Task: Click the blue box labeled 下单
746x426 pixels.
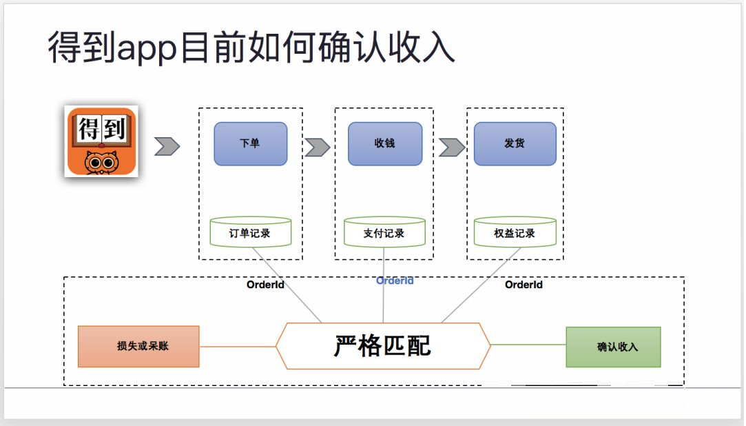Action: coord(251,144)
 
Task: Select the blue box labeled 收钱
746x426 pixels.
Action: coord(385,144)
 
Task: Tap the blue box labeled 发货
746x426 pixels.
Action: coord(515,144)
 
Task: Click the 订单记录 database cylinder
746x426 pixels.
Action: coord(250,232)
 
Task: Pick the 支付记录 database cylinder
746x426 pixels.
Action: coord(384,232)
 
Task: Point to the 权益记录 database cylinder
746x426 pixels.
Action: coord(515,232)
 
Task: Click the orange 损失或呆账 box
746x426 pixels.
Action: coord(138,347)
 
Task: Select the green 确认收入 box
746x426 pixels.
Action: coord(613,347)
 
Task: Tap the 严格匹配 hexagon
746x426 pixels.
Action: coord(383,346)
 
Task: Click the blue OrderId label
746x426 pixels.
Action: coord(395,281)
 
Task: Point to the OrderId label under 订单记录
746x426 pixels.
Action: coord(265,285)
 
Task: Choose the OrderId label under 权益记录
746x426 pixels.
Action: coord(524,285)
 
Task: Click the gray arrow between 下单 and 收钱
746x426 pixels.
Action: coord(318,148)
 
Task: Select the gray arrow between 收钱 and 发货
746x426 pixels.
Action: coord(452,148)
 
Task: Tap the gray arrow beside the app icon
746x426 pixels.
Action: coord(167,146)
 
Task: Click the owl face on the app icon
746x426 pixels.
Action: coord(101,163)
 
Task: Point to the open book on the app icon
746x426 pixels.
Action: coord(101,129)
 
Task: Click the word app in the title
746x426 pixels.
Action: coord(147,50)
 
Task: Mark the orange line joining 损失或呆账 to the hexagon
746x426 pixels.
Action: coord(238,347)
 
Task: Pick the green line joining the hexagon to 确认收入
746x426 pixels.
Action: coord(528,345)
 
